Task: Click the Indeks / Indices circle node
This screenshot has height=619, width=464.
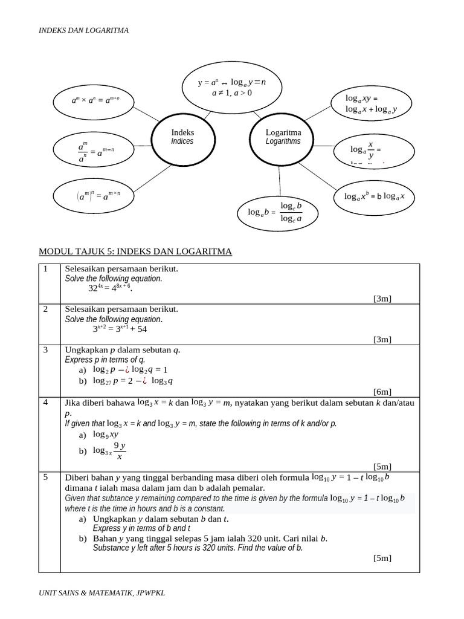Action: click(182, 137)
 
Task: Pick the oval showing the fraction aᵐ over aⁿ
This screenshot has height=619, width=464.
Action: click(92, 151)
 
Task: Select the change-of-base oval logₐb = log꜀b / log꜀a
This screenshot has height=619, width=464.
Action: click(278, 213)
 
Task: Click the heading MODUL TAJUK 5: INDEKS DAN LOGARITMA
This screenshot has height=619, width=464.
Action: click(135, 251)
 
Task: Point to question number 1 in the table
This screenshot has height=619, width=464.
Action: click(45, 268)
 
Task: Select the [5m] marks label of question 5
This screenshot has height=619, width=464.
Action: click(382, 558)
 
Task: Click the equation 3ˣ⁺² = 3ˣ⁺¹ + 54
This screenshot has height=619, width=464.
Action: click(120, 329)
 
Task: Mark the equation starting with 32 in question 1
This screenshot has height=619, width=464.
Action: click(110, 289)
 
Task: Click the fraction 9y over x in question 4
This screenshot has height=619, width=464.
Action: click(120, 451)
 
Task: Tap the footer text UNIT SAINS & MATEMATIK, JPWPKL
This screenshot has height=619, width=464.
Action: click(101, 594)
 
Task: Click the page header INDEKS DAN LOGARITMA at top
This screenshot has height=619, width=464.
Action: click(83, 30)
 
